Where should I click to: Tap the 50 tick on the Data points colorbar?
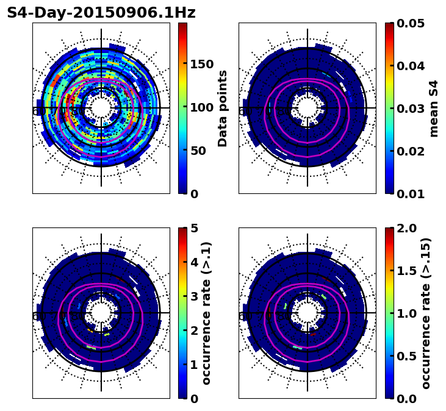pyautogui.click(x=198, y=151)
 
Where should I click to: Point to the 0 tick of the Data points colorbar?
pyautogui.click(x=194, y=194)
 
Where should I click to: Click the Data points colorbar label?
pyautogui.click(x=223, y=109)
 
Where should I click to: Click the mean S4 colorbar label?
pyautogui.click(x=434, y=109)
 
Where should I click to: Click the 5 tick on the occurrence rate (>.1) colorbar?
pyautogui.click(x=194, y=228)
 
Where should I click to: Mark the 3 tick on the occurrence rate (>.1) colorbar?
pyautogui.click(x=194, y=296)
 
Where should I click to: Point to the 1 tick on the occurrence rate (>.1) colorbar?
pyautogui.click(x=194, y=365)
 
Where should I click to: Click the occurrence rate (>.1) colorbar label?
pyautogui.click(x=207, y=313)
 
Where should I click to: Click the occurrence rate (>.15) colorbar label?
pyautogui.click(x=426, y=313)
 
